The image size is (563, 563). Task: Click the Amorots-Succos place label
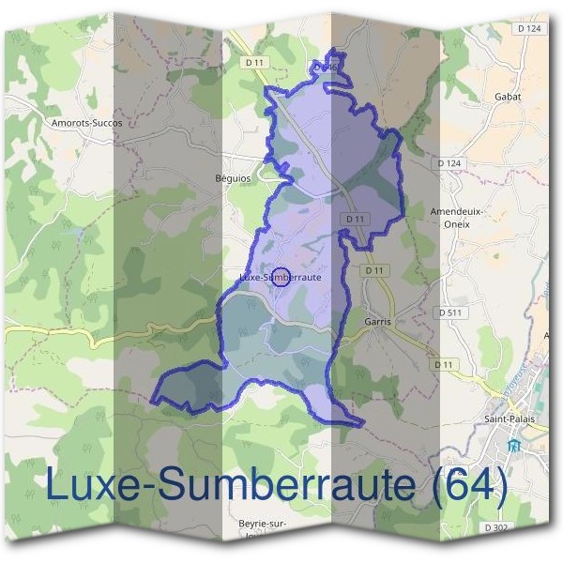87,122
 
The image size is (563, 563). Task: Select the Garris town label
376,321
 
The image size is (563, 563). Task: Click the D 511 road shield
452,312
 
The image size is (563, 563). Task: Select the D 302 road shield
498,529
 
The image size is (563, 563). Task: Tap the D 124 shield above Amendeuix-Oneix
450,163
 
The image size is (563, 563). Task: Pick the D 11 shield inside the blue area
355,219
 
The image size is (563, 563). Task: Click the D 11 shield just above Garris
375,270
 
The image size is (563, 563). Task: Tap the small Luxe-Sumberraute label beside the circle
275,278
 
